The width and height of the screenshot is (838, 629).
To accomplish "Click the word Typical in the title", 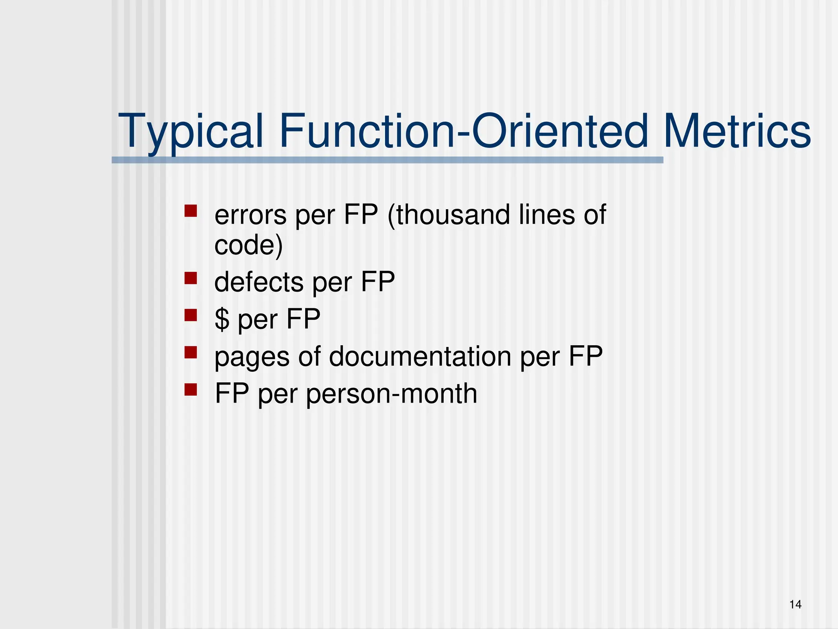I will click(x=191, y=132).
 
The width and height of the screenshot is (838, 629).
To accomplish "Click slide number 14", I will click(x=795, y=604).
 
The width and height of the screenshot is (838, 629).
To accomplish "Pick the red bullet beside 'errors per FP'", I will click(x=191, y=211).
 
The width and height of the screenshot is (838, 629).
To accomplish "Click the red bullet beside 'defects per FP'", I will click(x=191, y=278).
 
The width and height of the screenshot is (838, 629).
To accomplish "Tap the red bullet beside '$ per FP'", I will click(x=191, y=315).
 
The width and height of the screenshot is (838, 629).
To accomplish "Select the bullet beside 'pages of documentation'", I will click(x=191, y=353).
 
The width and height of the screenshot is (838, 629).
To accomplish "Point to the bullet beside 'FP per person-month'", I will click(x=191, y=389).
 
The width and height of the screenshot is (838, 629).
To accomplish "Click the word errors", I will click(x=250, y=215).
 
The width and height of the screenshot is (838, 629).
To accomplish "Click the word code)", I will click(x=248, y=246).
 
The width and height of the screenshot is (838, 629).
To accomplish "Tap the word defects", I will click(x=259, y=282).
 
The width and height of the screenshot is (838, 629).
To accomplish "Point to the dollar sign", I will click(x=222, y=319).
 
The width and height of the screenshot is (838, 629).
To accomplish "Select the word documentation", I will click(x=420, y=356).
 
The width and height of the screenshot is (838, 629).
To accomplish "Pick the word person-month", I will click(x=392, y=394).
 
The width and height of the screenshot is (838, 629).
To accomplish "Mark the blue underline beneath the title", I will click(x=387, y=160).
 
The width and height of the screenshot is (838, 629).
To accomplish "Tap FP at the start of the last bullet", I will click(x=232, y=394).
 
